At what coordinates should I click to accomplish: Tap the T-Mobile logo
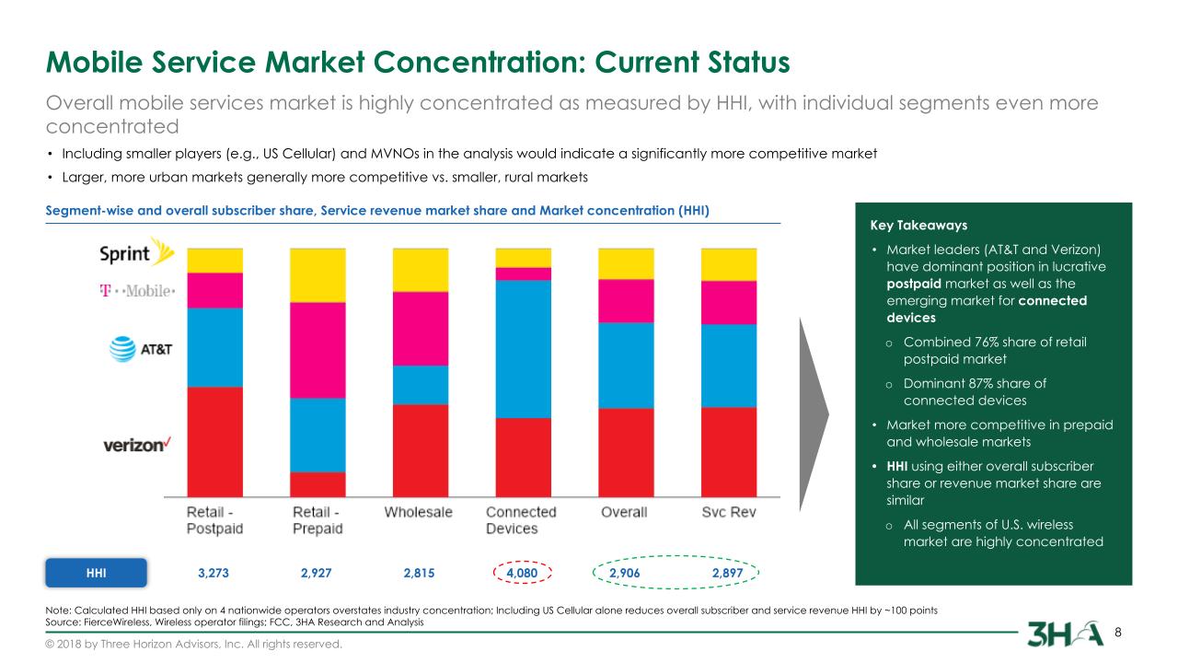137,291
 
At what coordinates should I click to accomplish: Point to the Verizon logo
138,445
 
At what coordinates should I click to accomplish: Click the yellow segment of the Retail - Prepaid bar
318,274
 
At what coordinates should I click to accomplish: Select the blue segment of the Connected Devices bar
523,348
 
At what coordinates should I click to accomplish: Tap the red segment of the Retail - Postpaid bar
214,442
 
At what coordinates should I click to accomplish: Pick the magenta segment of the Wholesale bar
420,328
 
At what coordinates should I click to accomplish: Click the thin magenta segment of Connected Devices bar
523,273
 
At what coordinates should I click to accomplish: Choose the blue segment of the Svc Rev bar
728,366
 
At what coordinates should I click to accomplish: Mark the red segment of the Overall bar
626,452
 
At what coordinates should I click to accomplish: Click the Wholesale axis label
418,512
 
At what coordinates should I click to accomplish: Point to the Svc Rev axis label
729,512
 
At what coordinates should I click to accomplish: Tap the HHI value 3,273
214,573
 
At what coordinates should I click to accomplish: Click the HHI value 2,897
727,573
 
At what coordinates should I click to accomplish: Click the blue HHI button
97,573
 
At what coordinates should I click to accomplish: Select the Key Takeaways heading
918,225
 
